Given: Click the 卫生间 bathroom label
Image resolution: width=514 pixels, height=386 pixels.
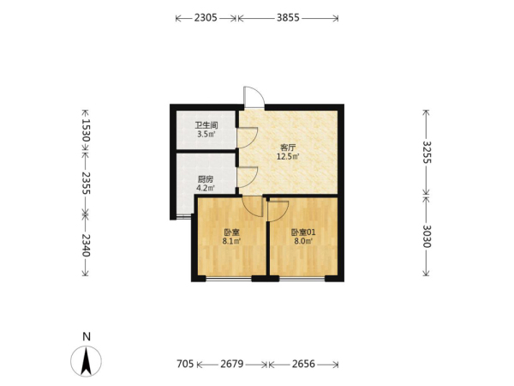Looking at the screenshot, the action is click(206, 125).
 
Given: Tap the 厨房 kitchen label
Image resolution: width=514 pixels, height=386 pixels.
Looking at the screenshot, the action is click(206, 179).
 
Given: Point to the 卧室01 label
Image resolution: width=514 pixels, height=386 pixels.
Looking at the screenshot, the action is click(303, 232).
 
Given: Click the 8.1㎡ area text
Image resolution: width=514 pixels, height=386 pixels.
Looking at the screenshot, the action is click(232, 241).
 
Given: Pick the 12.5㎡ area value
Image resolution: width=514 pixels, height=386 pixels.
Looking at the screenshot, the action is click(288, 156).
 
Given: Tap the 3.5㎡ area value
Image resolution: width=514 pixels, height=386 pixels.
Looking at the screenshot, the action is click(206, 134).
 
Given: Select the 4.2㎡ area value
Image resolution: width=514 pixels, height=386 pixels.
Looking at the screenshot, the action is click(206, 188).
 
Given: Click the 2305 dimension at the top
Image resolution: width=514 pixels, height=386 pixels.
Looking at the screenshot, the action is click(206, 18).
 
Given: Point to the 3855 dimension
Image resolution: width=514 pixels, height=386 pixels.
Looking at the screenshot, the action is click(288, 18).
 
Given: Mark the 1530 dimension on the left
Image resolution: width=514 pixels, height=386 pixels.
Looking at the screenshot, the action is click(86, 130).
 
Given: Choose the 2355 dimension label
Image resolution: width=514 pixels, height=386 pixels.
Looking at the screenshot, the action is click(86, 183).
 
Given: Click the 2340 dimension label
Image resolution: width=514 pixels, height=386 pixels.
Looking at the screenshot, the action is click(86, 245).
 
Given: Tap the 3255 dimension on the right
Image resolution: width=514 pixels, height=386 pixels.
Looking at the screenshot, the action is click(427, 152).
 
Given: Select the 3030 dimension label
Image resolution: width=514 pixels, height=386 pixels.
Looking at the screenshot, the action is click(427, 237).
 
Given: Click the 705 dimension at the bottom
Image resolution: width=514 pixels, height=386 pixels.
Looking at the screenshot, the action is click(185, 364).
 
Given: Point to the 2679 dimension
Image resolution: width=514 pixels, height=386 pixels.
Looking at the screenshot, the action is click(232, 364).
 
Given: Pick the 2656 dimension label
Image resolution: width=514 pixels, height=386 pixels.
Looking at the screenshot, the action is click(303, 364).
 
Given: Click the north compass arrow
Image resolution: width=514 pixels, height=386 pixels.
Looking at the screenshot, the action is click(87, 361).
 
